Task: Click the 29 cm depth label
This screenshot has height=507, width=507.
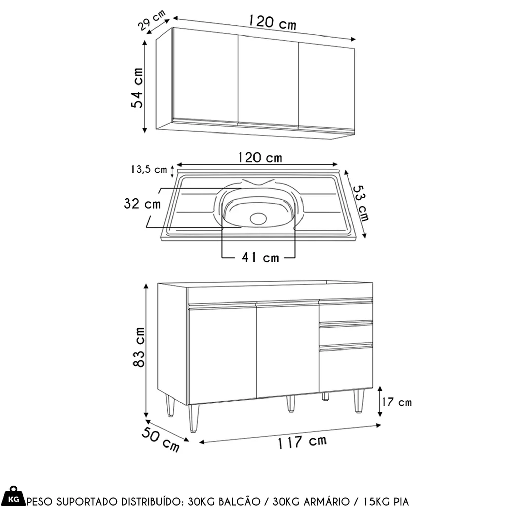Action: (152, 20)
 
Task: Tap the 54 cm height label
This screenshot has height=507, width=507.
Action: (137, 88)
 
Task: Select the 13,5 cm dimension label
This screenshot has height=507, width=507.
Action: (149, 169)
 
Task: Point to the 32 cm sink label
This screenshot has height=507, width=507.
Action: (142, 204)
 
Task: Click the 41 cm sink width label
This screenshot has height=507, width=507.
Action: (260, 258)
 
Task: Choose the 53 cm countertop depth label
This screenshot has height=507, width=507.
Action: (361, 203)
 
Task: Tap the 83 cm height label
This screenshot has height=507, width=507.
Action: (139, 347)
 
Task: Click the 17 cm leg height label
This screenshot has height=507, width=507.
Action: (397, 402)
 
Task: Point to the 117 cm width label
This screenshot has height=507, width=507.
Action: (302, 442)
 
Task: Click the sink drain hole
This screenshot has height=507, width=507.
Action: (258, 219)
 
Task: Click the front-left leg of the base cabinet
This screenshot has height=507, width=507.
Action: (194, 418)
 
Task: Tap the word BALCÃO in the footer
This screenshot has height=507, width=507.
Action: (240, 501)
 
